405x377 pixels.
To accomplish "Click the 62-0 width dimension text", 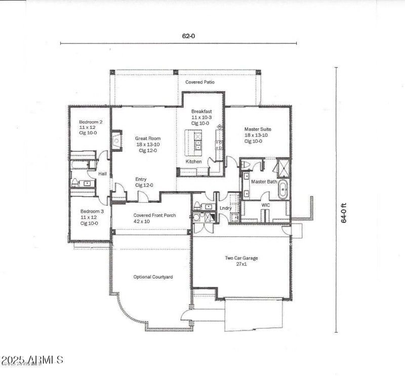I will tap(188, 36).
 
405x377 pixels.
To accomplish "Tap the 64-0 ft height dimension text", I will tap(344, 212).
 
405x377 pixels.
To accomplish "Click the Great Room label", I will tap(148, 138).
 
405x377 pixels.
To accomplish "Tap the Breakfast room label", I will tap(201, 111).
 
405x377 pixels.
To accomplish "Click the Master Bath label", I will tap(264, 181).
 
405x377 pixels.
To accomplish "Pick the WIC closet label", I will tap(266, 205).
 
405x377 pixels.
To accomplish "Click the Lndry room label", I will tap(225, 208).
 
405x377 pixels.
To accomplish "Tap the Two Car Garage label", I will tap(241, 258).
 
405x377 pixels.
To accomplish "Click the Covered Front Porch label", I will tap(154, 215).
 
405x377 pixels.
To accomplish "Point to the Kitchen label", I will tap(193, 161).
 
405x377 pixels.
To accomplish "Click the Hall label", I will tap(102, 174).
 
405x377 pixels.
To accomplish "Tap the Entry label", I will tap(141, 179).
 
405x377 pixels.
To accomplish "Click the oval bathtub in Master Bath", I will tap(282, 190).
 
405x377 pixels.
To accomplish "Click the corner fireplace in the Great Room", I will tap(116, 140).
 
